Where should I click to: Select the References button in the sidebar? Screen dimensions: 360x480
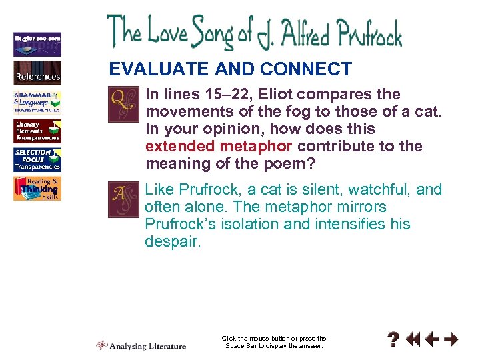pos(37,73)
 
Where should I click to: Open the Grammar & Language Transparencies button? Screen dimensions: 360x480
pos(37,102)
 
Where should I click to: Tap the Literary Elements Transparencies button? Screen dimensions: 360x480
pos(37,131)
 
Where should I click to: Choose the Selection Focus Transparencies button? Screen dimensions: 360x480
pos(37,160)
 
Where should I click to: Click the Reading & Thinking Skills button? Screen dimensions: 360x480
pos(37,189)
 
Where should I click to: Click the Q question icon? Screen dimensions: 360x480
pos(124,104)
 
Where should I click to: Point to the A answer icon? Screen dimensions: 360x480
pos(124,199)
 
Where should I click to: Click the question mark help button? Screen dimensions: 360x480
pos(395,341)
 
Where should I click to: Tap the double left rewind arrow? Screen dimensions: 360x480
pos(413,341)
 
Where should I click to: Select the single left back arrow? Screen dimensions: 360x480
pos(432,341)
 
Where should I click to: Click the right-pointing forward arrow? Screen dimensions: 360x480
pos(451,341)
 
